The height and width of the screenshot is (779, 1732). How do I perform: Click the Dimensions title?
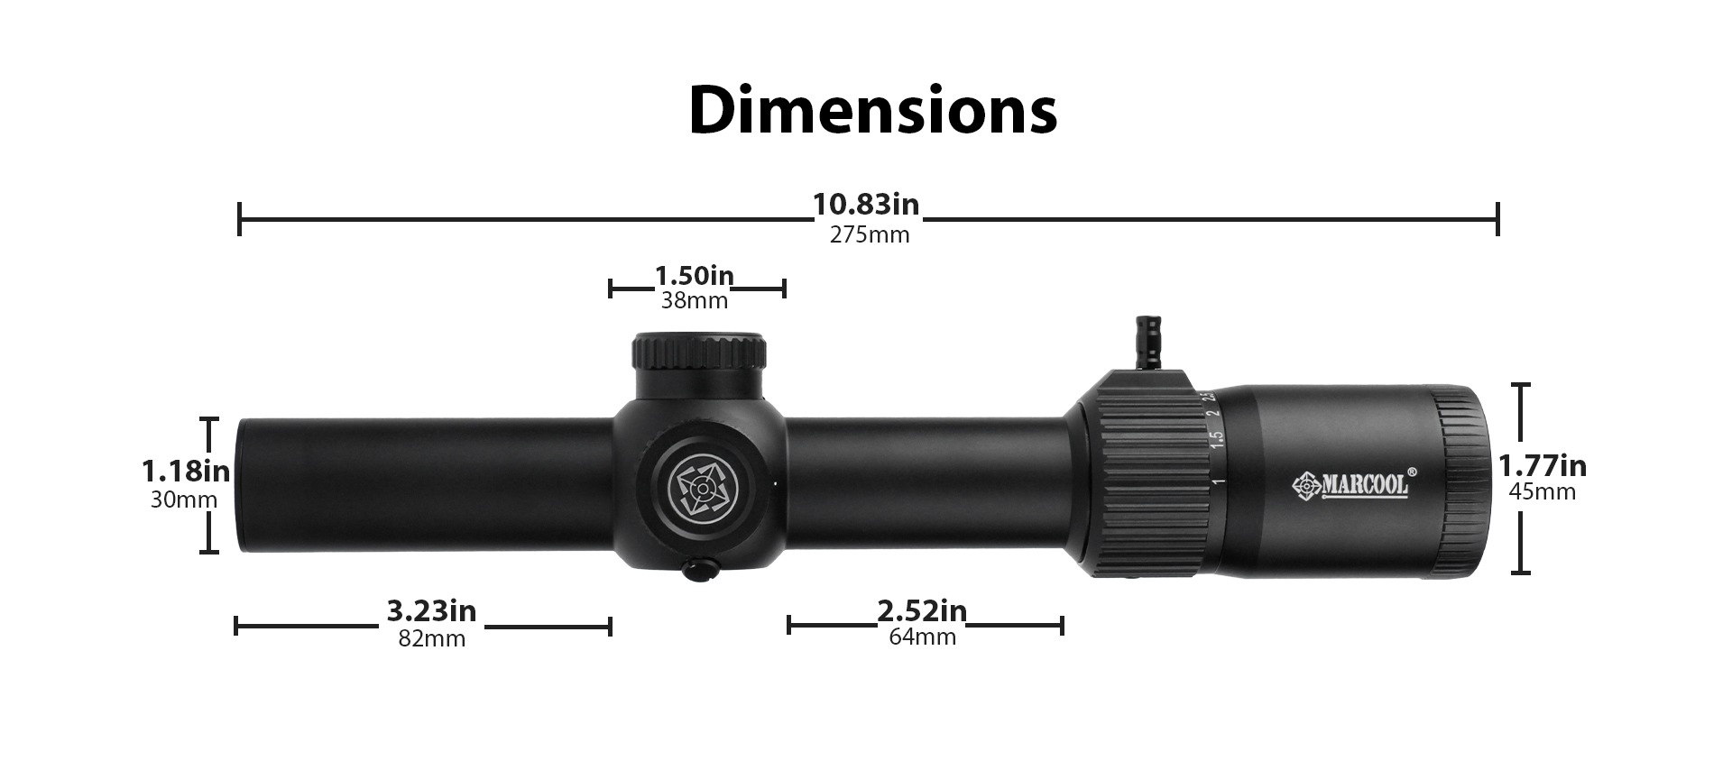(x=872, y=110)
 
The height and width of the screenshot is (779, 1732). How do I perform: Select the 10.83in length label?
(x=866, y=205)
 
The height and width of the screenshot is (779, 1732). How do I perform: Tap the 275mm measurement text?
(x=870, y=235)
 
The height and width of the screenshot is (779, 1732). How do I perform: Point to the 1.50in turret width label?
(x=694, y=275)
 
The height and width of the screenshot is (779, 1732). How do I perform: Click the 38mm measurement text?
(x=694, y=301)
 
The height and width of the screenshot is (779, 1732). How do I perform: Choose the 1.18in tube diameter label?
(x=186, y=471)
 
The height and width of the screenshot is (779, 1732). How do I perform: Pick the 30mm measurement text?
(x=184, y=499)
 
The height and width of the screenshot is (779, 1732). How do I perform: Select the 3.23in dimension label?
(x=431, y=611)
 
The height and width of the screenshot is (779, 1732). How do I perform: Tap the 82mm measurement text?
(x=431, y=639)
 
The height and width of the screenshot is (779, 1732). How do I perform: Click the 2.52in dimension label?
(x=922, y=611)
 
